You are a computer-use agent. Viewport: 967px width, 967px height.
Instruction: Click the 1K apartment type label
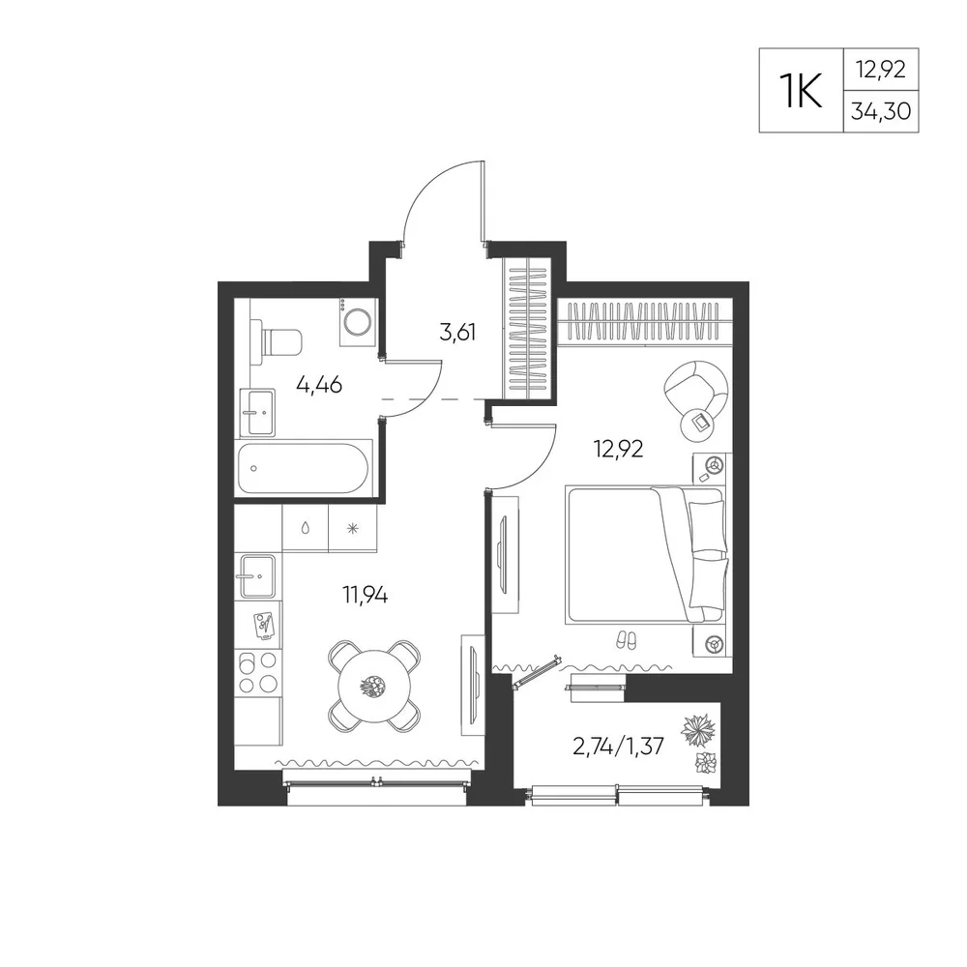pos(801,90)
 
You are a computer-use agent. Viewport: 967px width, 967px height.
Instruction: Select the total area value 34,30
pos(881,111)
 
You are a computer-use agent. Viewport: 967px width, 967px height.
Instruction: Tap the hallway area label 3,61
pos(457,333)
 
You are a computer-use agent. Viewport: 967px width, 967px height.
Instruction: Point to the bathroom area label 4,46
pos(319,386)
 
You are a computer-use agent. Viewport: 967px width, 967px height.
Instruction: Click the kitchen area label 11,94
pos(366,596)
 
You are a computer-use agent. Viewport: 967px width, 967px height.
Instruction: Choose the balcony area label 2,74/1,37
pos(618,747)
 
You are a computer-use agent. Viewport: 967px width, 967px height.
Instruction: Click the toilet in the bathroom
pos(277,341)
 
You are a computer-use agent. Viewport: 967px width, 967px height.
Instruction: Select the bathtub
pos(305,468)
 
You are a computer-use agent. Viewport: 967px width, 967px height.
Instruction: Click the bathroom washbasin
pos(257,412)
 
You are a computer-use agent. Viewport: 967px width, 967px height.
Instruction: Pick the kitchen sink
pos(257,576)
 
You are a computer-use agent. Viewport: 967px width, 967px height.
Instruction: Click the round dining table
pos(374,685)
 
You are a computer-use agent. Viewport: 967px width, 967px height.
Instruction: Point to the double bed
pos(646,555)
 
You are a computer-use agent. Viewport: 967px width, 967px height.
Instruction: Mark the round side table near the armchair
pos(697,424)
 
